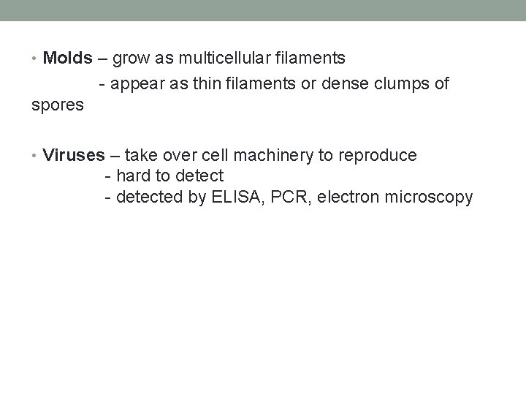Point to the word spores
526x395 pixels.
[x=58, y=105]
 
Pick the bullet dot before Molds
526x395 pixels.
[x=37, y=58]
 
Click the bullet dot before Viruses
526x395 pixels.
[x=37, y=156]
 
